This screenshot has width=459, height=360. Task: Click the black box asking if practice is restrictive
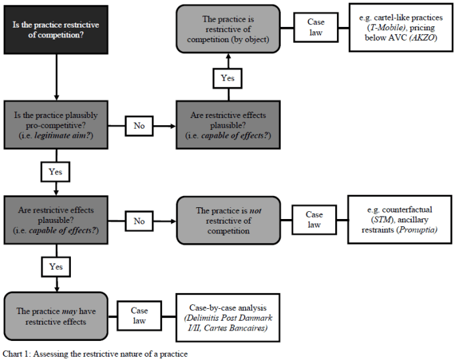[57, 30]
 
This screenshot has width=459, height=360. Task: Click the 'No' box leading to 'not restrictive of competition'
[139, 221]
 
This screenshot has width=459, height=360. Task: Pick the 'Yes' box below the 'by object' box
[227, 77]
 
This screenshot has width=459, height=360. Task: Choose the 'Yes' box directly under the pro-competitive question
[55, 172]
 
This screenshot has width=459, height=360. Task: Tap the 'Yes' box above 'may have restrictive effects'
[55, 267]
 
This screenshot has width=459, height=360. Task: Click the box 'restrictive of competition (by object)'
[228, 30]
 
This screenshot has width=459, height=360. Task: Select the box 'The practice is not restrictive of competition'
[228, 220]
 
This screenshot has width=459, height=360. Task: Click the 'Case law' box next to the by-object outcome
[315, 28]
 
